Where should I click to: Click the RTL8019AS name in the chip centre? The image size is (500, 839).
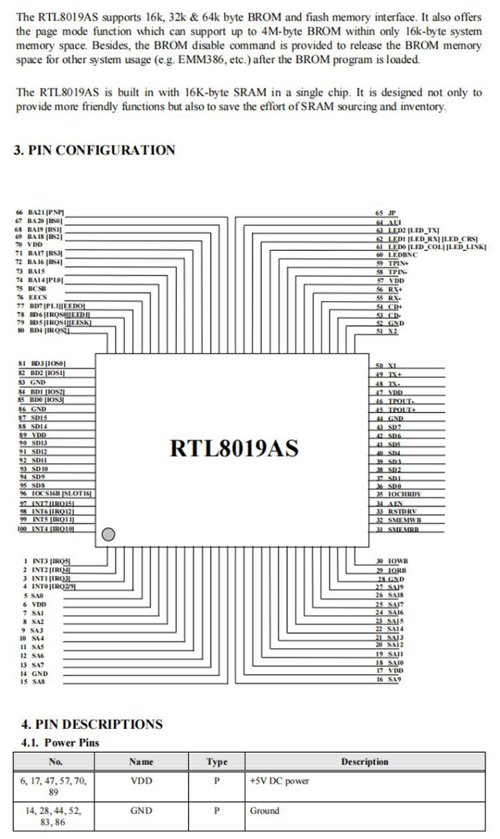[x=234, y=447]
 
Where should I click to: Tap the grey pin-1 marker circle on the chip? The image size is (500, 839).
[x=109, y=534]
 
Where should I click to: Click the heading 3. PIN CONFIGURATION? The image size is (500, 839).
[x=95, y=150]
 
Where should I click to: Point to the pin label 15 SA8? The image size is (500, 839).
[x=33, y=682]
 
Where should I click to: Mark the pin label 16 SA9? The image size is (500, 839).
[x=389, y=679]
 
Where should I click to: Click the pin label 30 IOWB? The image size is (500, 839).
[x=392, y=561]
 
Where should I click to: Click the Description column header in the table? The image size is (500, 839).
[x=364, y=762]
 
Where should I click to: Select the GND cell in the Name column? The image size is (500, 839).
[x=141, y=811]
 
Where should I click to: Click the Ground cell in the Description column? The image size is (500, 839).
[x=265, y=811]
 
